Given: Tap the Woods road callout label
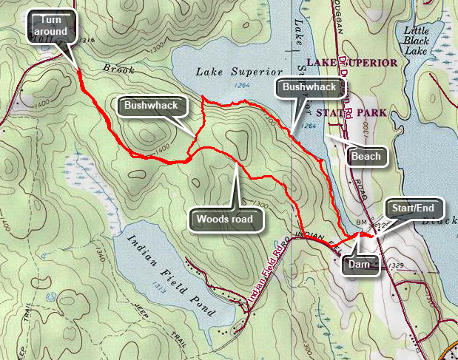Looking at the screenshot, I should [x=225, y=219].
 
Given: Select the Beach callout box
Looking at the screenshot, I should [x=366, y=156].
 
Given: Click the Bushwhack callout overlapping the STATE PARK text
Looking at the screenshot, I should [x=310, y=88].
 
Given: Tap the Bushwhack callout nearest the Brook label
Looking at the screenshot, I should [x=151, y=106].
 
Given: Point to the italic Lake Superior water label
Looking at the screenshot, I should [x=240, y=72].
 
